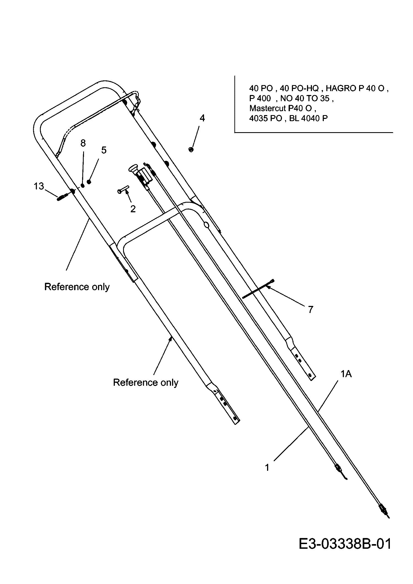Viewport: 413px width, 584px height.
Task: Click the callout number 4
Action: pos(202,118)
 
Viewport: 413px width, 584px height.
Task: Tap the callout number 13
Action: pos(39,186)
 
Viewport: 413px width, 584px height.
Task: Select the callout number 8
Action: pos(83,143)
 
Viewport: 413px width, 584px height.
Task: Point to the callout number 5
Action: pos(104,150)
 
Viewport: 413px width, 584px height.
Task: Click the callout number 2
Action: pos(133,209)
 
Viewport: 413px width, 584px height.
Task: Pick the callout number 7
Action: pos(311,310)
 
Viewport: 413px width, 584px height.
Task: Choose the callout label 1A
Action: pos(346,374)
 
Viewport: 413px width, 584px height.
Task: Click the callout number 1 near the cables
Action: pos(267,468)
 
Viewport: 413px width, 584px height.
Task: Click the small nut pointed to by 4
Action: pos(191,149)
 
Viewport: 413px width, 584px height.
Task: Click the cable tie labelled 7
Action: pos(259,289)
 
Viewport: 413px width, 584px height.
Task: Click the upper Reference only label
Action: pos(77,287)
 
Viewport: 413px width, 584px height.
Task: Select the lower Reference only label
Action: pos(146,382)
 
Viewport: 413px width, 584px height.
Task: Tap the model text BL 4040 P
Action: pos(308,118)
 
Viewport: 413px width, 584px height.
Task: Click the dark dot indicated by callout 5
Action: pos(89,182)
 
